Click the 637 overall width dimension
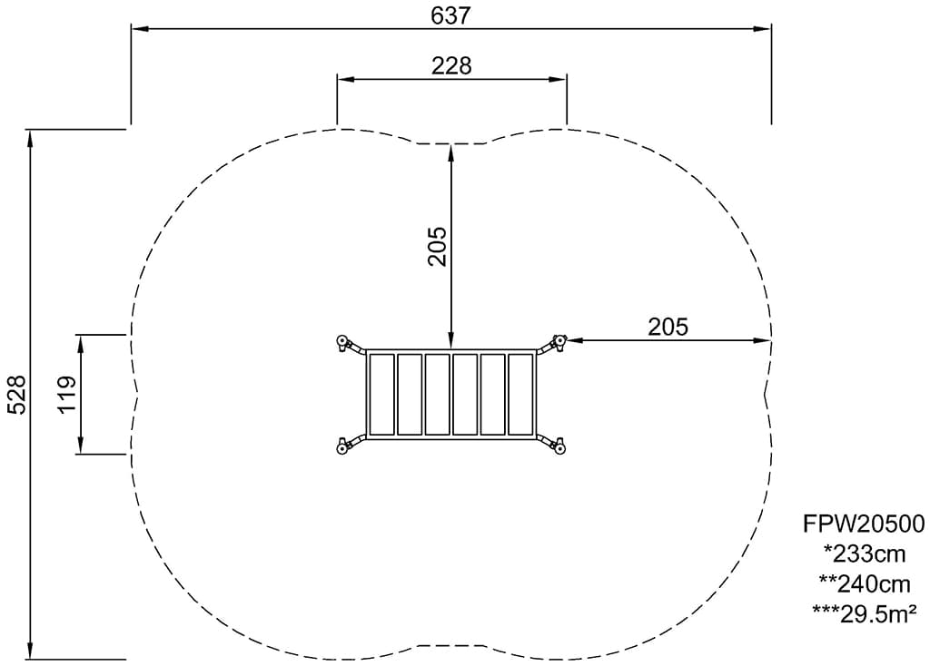point(450,15)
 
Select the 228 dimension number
point(451,65)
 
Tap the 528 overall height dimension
point(16,394)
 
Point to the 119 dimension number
point(66,394)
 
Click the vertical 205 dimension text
point(438,246)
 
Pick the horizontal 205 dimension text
point(668,327)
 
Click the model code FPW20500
point(864,524)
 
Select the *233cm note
point(866,554)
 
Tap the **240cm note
point(865,584)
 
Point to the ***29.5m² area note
point(866,614)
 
